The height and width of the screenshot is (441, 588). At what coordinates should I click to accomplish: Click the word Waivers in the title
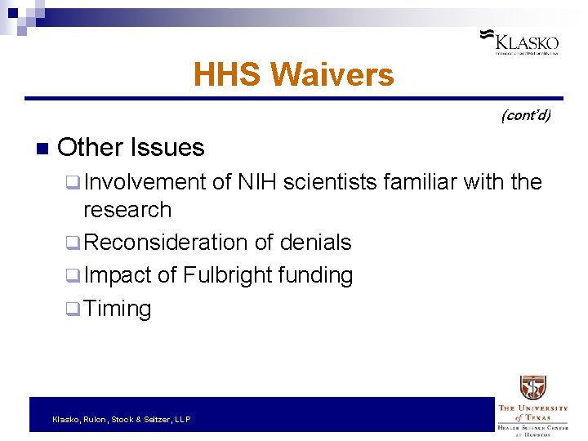[x=332, y=75]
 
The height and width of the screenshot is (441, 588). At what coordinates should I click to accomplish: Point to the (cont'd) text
[x=525, y=115]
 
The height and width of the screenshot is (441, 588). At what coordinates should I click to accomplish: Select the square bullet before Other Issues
[x=43, y=149]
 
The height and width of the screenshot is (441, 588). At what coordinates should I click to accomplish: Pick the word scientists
[x=336, y=181]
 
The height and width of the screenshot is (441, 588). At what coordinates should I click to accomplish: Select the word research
[x=127, y=210]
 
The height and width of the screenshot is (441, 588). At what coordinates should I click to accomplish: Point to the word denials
[x=315, y=243]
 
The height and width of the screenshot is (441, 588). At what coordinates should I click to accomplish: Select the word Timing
[x=118, y=309]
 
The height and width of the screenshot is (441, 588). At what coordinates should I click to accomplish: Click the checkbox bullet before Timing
[x=71, y=310]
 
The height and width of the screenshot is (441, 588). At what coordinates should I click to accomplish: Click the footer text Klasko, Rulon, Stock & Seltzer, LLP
[x=121, y=419]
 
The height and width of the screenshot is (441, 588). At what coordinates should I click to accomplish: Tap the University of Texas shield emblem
[x=532, y=388]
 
